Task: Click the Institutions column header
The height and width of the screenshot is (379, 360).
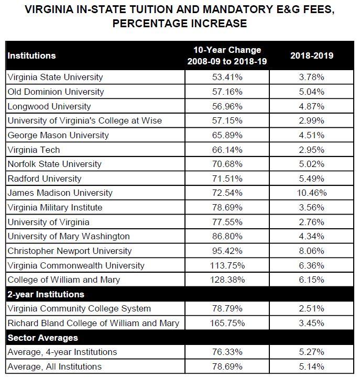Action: (x=31, y=55)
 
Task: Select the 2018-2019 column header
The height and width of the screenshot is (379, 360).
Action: (x=312, y=55)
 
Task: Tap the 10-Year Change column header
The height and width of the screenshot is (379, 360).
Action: (x=227, y=55)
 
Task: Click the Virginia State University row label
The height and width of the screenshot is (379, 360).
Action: (x=55, y=77)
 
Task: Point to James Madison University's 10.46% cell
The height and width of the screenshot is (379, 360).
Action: (x=312, y=193)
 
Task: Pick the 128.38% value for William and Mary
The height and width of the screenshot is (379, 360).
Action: (x=227, y=280)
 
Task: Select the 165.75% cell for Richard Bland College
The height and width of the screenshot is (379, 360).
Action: (x=227, y=323)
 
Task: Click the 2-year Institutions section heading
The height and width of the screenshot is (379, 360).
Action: (x=46, y=294)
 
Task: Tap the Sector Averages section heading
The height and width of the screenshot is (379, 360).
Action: (x=43, y=338)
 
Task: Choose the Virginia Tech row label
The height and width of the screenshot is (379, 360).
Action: (x=34, y=150)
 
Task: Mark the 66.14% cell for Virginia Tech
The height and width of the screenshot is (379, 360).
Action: (x=227, y=150)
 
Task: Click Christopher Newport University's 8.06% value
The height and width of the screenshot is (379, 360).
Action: (x=312, y=251)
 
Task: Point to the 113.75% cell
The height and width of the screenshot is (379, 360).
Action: (x=227, y=265)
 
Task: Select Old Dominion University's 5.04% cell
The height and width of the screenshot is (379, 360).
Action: (x=312, y=92)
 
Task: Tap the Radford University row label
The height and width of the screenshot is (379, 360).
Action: (x=45, y=179)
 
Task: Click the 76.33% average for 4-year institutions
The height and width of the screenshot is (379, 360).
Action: (x=227, y=352)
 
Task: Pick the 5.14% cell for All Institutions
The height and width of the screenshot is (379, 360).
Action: (x=312, y=366)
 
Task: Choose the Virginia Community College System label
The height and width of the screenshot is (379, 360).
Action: (x=79, y=308)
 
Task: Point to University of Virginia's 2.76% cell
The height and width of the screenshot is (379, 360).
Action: (x=312, y=222)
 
